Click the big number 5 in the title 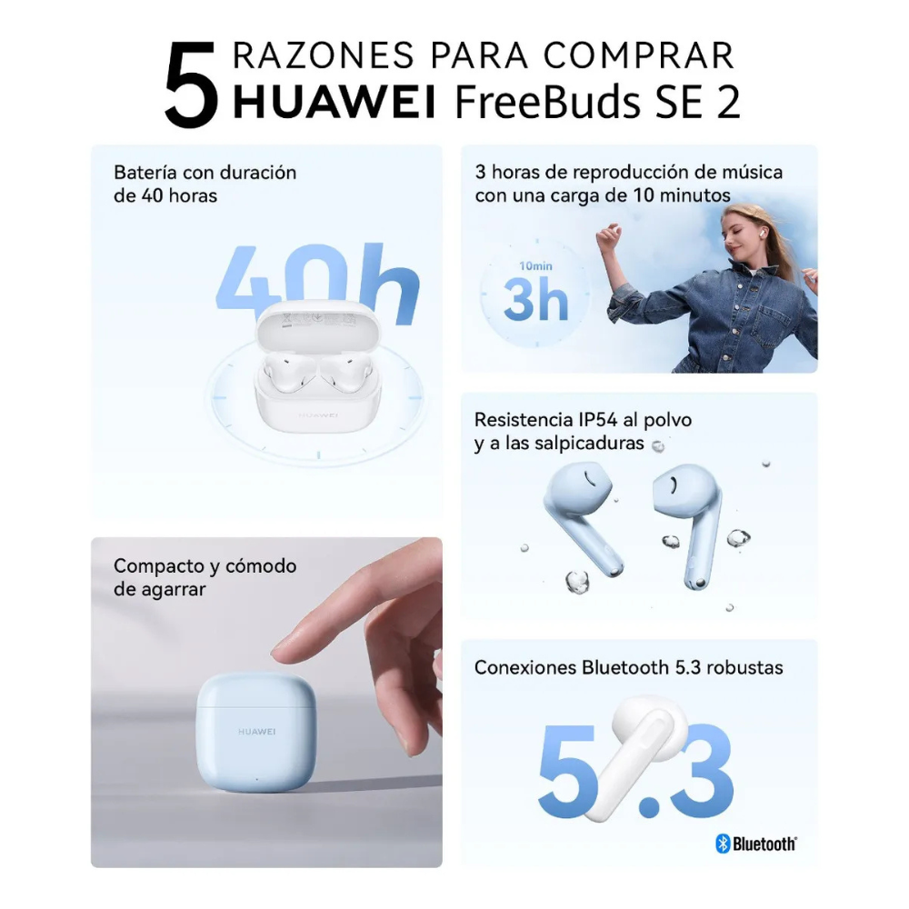(x=191, y=85)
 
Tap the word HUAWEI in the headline (x=334, y=102)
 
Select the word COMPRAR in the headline (x=639, y=55)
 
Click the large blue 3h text (x=535, y=298)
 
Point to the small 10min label (x=535, y=266)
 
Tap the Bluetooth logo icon (x=723, y=844)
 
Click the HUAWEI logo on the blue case (x=257, y=732)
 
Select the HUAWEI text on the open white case (x=318, y=415)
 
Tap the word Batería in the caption (x=145, y=172)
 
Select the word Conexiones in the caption (x=525, y=667)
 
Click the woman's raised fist (x=609, y=235)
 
